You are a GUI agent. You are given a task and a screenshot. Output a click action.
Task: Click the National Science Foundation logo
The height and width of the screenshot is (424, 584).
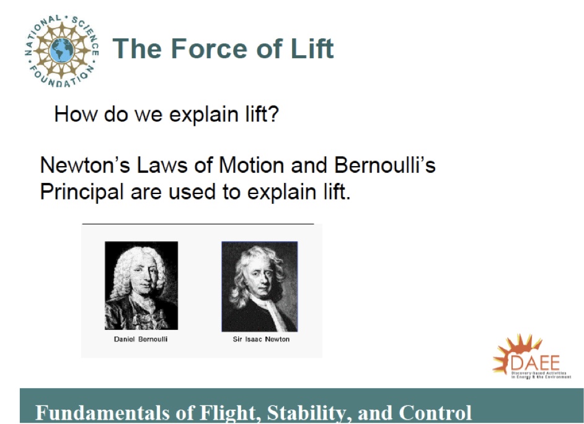click(61, 49)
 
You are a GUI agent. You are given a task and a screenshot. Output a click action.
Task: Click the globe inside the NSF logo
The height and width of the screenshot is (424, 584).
click(61, 49)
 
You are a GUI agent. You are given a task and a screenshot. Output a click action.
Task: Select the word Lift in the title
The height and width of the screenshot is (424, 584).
click(311, 48)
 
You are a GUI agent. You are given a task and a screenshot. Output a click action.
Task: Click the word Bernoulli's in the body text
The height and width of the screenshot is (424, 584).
click(384, 166)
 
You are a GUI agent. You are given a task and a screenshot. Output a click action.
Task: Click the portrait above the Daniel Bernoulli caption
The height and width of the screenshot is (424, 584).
click(141, 285)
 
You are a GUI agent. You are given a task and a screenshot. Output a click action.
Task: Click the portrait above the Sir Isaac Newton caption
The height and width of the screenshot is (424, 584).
click(259, 286)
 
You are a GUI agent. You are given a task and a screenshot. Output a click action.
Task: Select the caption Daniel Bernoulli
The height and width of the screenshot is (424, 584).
click(141, 339)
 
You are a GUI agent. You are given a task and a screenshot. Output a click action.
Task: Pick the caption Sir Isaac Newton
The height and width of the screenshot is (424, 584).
click(261, 339)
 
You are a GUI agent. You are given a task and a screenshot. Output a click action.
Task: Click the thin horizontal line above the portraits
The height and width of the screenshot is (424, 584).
click(198, 223)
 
